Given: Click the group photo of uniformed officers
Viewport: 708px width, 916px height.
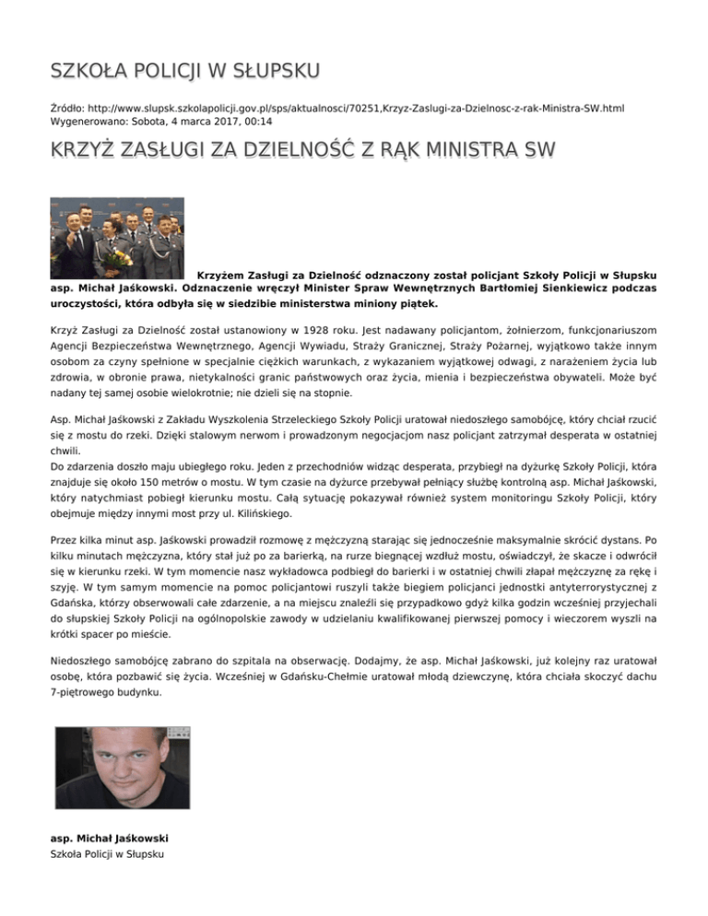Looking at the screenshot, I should [116, 238].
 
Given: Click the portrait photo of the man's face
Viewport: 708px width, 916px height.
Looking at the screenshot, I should [124, 775].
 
